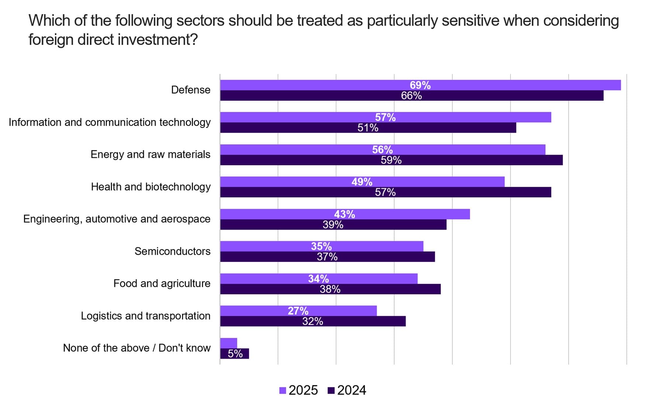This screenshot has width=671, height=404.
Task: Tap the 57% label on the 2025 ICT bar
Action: (385, 117)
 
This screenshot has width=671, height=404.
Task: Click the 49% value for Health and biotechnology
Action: (362, 182)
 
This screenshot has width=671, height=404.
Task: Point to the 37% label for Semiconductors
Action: (327, 257)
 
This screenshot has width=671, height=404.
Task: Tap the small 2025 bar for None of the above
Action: (229, 343)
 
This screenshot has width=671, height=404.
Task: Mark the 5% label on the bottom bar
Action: (235, 354)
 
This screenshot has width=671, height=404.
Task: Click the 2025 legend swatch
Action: (283, 390)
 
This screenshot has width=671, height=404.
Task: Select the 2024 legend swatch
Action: (331, 390)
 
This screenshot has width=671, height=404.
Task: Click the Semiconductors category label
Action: (172, 251)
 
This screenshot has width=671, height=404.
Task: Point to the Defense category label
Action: (191, 90)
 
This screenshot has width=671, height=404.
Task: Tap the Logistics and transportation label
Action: (146, 316)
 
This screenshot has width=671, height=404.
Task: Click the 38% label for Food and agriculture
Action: (330, 289)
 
